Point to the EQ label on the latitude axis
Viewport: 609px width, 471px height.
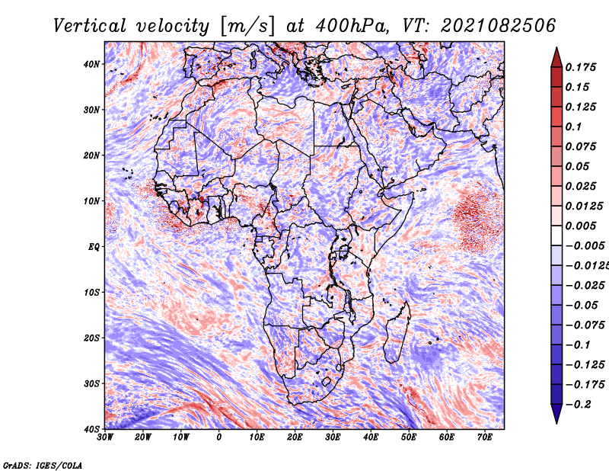93,247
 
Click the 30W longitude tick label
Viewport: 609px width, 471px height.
105,437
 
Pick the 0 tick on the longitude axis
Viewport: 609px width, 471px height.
219,437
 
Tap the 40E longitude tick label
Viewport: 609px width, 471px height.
371,437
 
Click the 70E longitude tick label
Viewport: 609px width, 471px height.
485,437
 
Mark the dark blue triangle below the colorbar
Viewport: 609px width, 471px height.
556,414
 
